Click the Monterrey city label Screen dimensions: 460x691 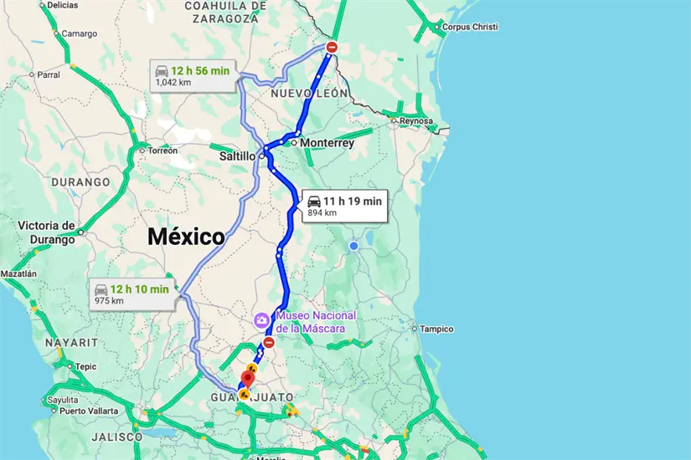click(327, 143)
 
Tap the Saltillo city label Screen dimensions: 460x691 click(235, 156)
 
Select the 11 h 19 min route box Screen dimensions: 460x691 click(343, 206)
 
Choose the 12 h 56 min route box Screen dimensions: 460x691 click(192, 76)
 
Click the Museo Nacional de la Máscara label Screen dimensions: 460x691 click(315, 322)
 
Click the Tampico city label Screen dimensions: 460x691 click(436, 329)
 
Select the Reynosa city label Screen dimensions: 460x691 click(415, 121)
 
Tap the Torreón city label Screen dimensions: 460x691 click(162, 151)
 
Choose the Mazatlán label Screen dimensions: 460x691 click(18, 273)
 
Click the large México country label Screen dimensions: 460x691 click(186, 237)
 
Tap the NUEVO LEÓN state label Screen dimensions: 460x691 click(309, 94)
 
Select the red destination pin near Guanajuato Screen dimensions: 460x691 click(248, 376)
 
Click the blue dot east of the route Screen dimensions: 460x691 click(354, 246)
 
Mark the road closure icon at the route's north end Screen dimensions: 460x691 click(332, 48)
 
